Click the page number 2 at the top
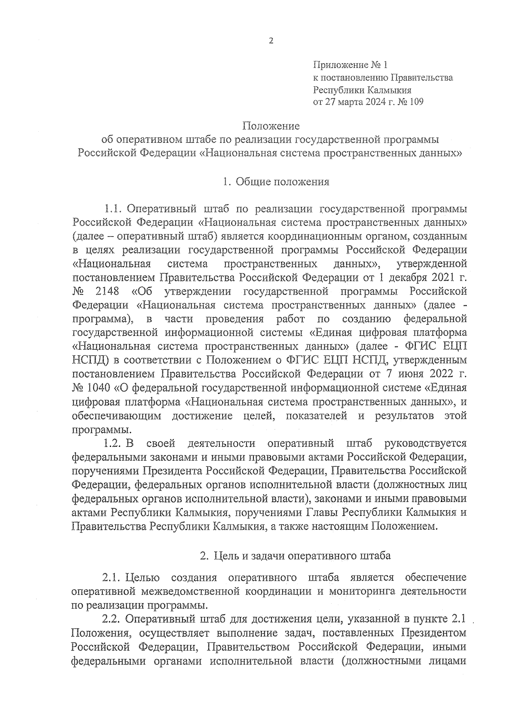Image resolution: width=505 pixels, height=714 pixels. point(271,41)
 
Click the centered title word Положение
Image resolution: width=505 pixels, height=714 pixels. point(271,126)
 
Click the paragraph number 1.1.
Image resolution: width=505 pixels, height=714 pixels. point(113,209)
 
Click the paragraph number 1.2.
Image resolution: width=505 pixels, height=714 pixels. point(113,443)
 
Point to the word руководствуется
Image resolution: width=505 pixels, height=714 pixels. point(425,443)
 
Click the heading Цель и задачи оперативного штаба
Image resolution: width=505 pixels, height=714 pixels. point(302,556)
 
